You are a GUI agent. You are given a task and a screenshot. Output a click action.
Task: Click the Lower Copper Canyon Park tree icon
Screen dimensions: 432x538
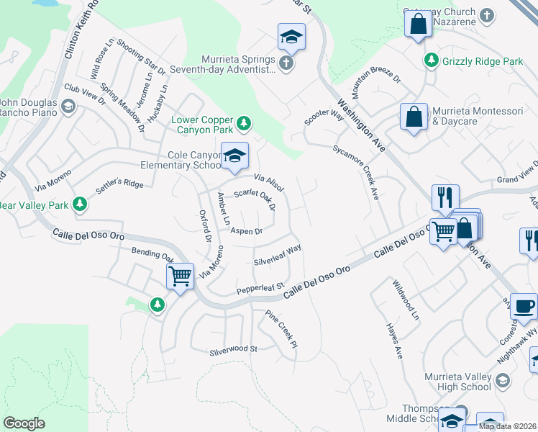coord(244,124)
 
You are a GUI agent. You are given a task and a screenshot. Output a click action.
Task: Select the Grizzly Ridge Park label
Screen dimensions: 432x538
coord(483,62)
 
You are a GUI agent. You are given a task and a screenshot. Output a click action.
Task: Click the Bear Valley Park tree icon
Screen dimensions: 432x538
coord(80,205)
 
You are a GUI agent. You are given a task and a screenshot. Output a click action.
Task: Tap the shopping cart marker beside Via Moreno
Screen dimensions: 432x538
coord(180,276)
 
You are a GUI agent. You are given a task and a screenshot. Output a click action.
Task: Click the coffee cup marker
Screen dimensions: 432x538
coord(524,305)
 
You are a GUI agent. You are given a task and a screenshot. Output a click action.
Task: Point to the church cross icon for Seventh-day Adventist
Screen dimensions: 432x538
coord(286,64)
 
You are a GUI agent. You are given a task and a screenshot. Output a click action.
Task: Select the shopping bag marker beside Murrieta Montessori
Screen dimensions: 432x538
coord(414,118)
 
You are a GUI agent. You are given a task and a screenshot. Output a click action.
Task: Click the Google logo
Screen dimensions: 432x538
coord(24,423)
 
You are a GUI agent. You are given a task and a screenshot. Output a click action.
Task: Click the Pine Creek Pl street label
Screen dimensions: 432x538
coord(281,330)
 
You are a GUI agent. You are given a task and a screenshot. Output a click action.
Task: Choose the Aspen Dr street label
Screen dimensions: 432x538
coord(247,231)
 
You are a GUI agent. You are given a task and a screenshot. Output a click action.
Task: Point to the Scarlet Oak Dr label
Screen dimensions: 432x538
coord(255,199)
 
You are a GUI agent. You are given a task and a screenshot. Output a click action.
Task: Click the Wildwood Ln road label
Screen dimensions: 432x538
coord(404,301)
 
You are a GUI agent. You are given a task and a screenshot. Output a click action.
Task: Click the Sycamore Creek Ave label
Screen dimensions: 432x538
coord(356,174)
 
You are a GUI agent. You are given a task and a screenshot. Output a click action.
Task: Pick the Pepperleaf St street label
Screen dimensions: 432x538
coord(262,288)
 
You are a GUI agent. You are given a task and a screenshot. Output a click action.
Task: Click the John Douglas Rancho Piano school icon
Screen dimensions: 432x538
coord(68,107)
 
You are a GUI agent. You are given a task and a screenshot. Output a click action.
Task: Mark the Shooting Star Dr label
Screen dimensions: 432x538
coord(142,57)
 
